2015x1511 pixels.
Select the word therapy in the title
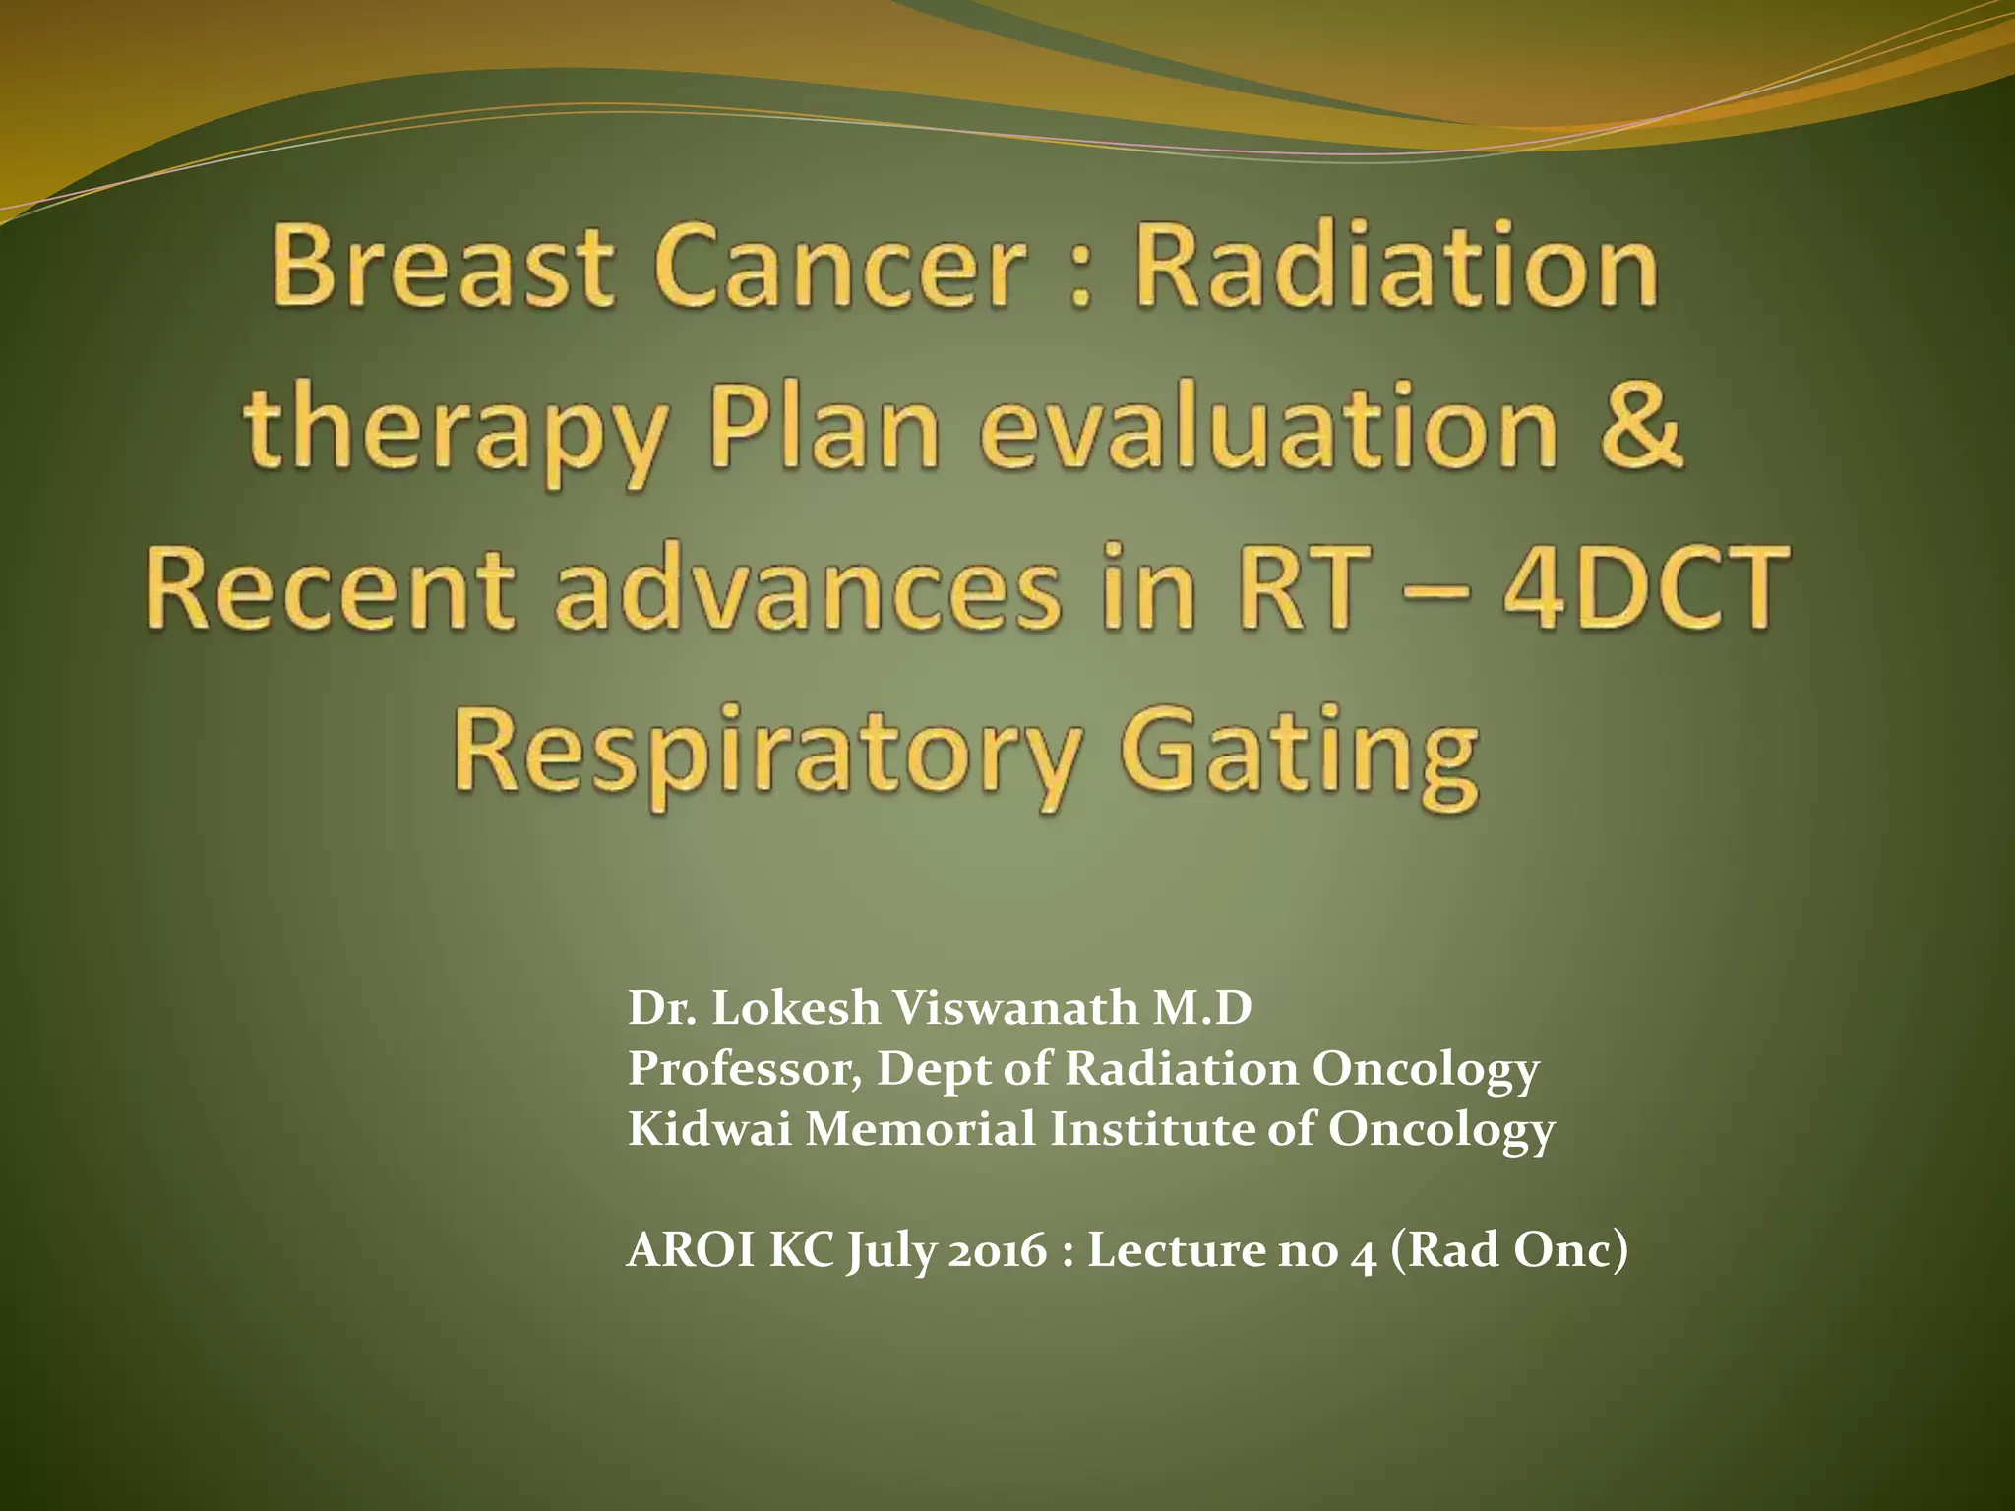click(455, 433)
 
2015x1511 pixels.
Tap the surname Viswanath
click(1014, 1008)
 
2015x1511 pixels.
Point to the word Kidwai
click(709, 1128)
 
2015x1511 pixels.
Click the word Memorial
click(920, 1128)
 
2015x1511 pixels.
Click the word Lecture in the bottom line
click(1175, 1250)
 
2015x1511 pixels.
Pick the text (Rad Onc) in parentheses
click(1510, 1250)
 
